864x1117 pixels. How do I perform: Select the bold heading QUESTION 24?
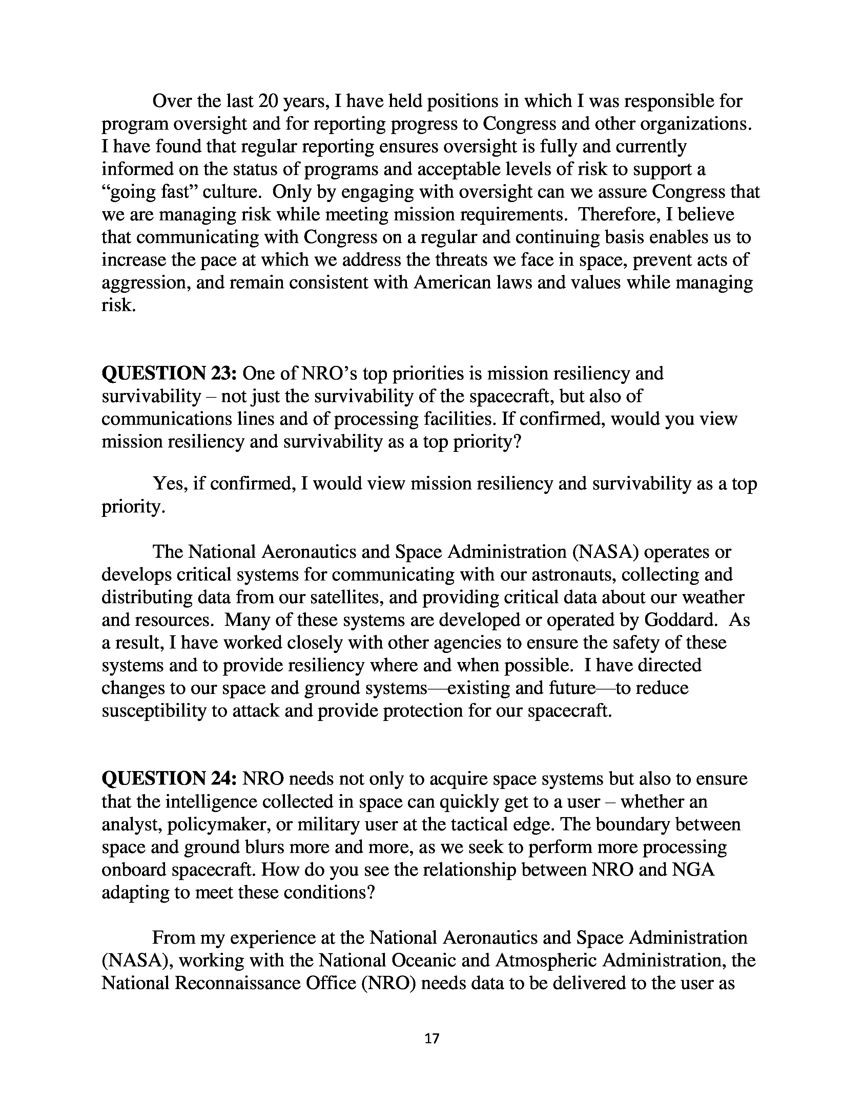click(169, 779)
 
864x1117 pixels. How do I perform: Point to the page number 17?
click(432, 1038)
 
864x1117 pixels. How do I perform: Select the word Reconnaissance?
click(222, 983)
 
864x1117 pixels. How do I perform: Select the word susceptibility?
click(152, 711)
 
